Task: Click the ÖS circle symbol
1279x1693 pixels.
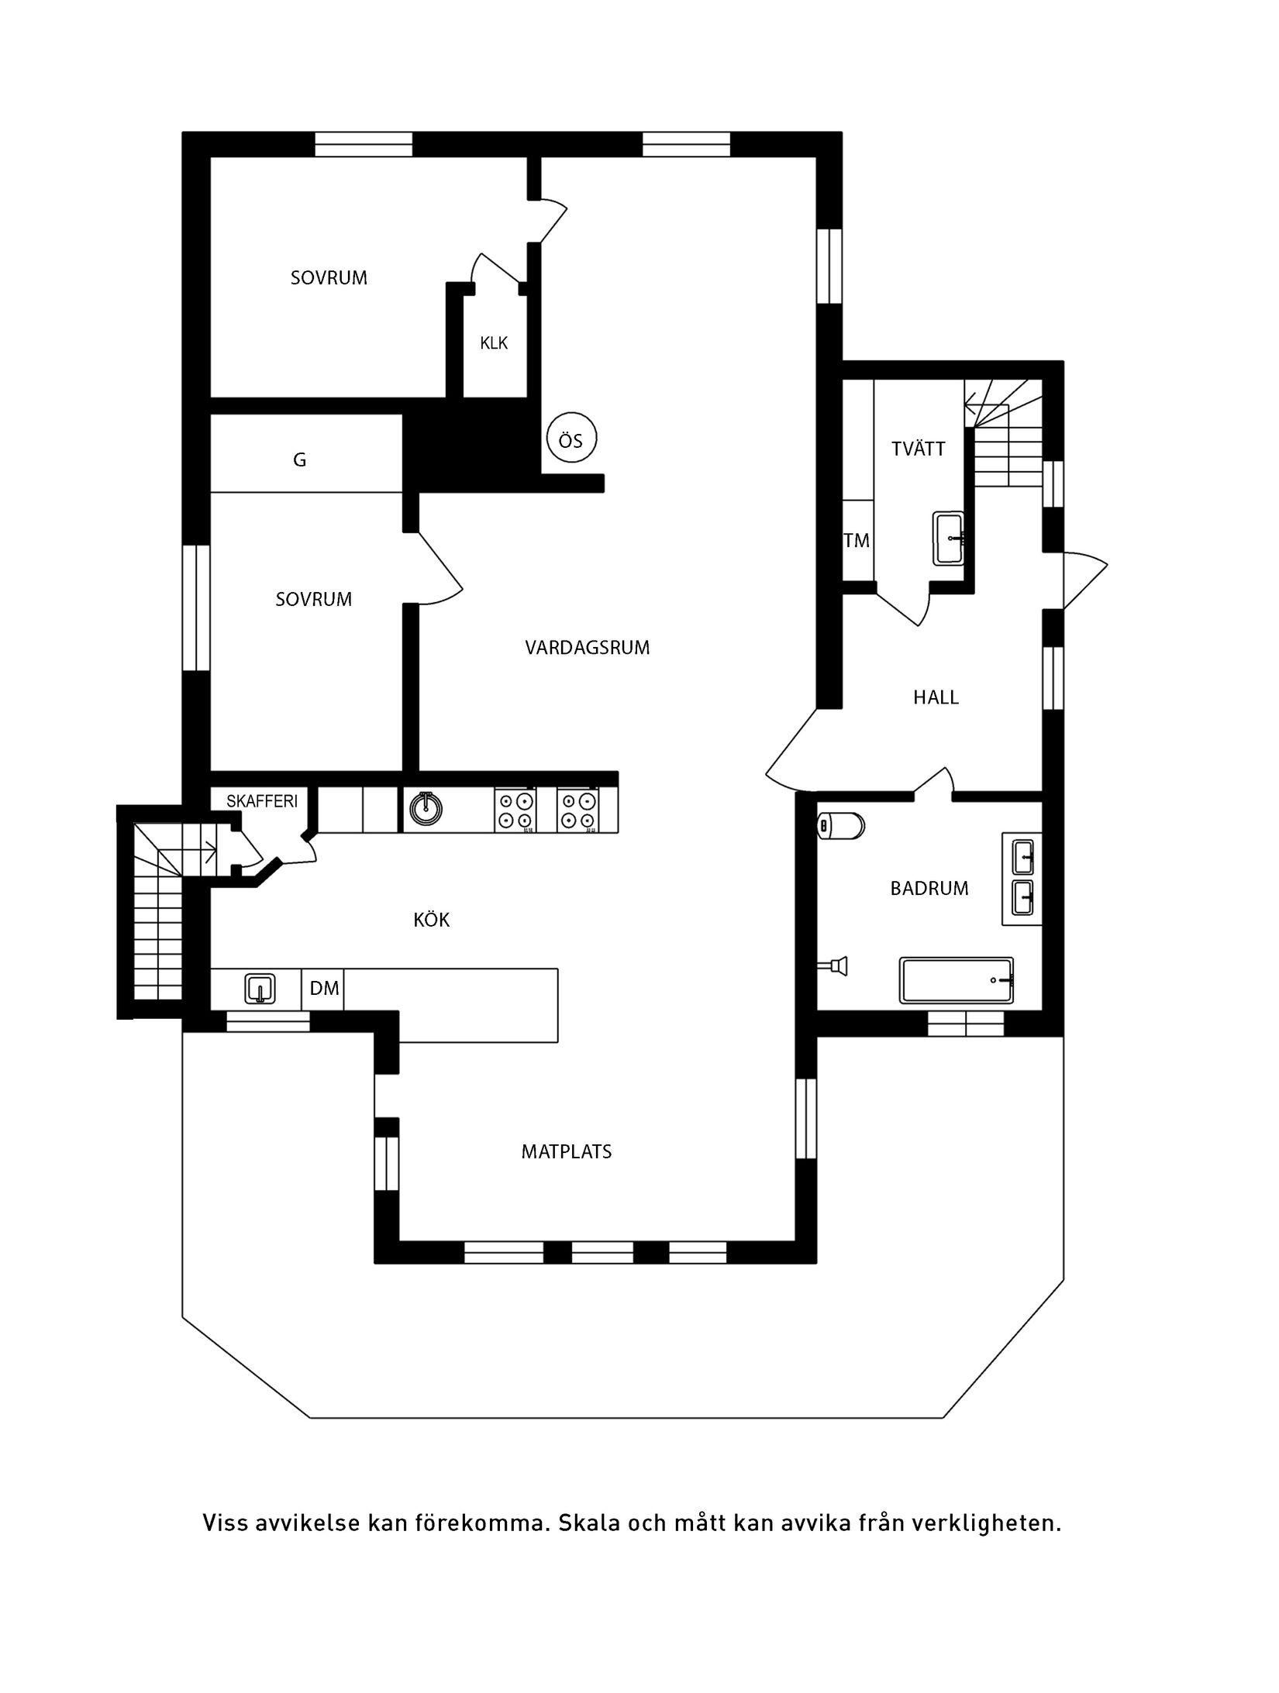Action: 571,440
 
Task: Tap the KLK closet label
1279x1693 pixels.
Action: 494,342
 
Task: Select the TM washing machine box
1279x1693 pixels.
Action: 857,540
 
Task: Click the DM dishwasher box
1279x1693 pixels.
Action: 324,989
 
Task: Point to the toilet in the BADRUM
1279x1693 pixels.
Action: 841,826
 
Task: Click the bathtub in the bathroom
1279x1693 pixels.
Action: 956,980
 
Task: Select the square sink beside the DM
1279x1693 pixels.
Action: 260,989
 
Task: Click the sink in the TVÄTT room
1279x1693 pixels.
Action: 949,538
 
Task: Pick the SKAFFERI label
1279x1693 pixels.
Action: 261,801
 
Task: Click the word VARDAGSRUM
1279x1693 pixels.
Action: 587,648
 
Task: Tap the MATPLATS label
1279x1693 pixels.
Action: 566,1151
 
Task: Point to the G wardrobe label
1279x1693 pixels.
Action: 299,460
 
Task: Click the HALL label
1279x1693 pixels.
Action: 936,697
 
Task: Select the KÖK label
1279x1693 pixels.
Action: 431,920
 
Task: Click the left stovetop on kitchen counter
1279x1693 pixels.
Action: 515,810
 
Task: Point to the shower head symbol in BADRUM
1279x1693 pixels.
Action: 836,965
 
